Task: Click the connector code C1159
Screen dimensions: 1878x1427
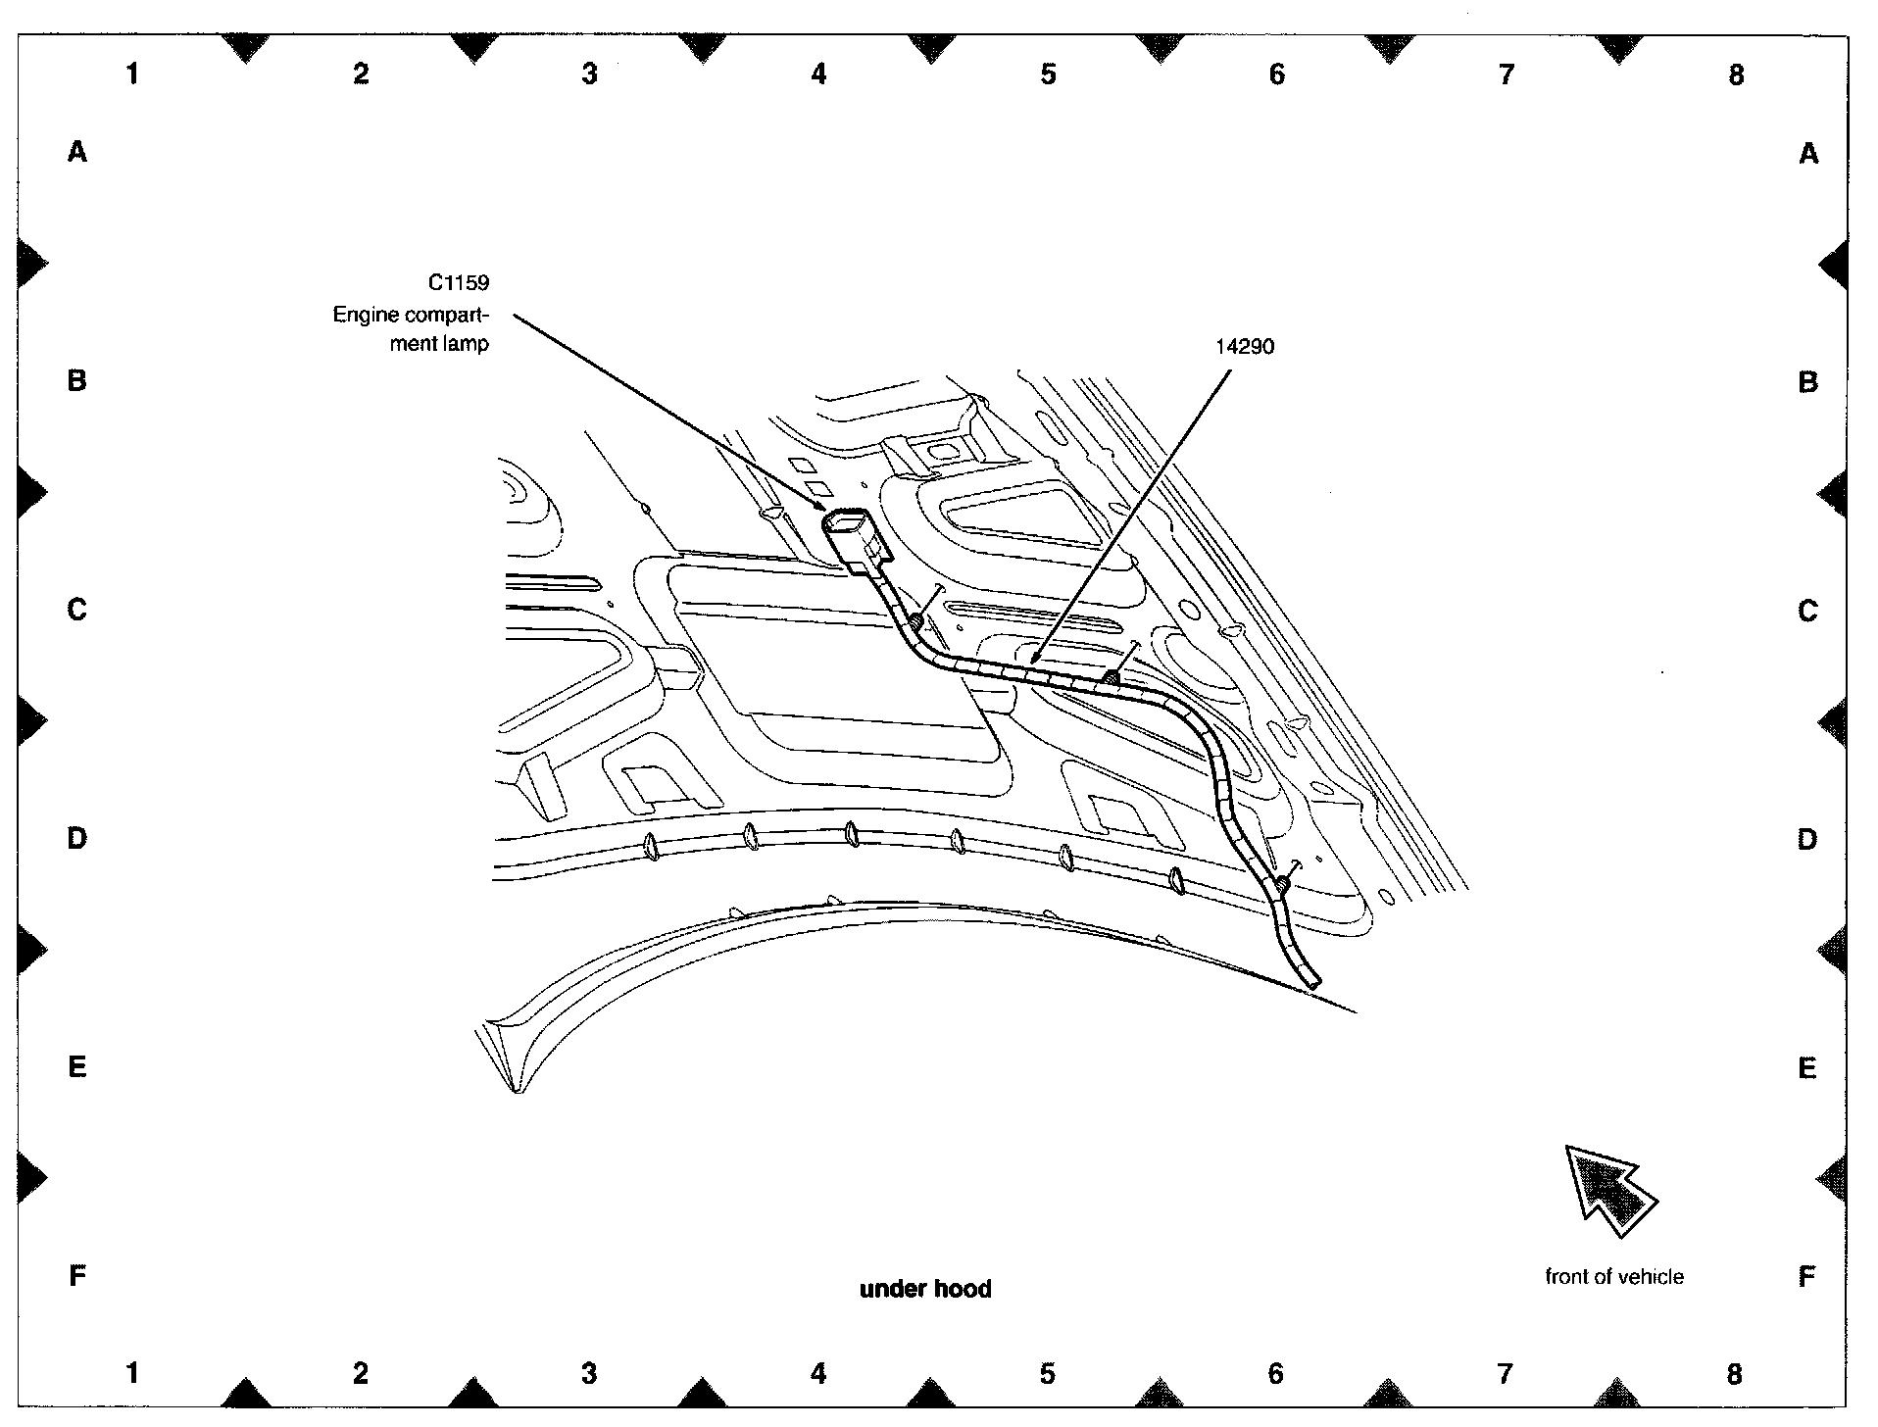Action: [x=458, y=283]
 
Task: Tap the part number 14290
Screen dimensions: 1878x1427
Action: [x=1245, y=347]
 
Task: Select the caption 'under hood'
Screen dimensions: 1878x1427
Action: [x=925, y=1289]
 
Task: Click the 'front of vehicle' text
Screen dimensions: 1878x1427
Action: [x=1613, y=1277]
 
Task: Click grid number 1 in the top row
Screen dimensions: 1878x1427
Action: [x=132, y=74]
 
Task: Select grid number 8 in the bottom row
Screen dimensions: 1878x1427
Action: [x=1734, y=1374]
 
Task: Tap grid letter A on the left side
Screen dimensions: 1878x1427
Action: [x=77, y=152]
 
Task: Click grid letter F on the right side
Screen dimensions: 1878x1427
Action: [x=1807, y=1277]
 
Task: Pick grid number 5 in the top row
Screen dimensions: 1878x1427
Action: [x=1048, y=74]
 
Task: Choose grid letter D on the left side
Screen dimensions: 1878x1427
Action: [x=77, y=839]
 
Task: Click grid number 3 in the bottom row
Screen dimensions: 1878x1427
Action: [x=589, y=1374]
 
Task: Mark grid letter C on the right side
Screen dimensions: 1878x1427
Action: [x=1807, y=612]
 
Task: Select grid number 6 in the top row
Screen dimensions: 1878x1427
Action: [x=1276, y=74]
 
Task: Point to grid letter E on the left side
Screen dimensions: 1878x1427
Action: [x=77, y=1066]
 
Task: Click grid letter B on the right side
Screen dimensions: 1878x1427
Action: [x=1807, y=382]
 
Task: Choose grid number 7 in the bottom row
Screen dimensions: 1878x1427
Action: [x=1505, y=1374]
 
